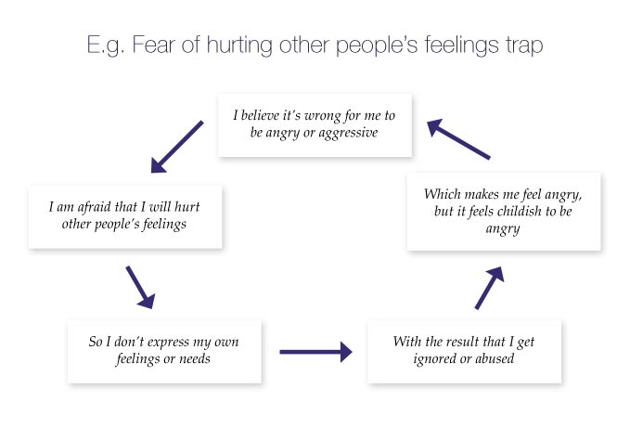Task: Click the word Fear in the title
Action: coord(153,45)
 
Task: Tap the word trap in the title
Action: coord(524,45)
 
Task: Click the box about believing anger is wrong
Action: coord(315,125)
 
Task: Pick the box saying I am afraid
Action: coord(125,217)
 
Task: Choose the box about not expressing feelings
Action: coord(164,351)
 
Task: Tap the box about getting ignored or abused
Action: coord(464,351)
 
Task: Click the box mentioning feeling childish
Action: coord(504,212)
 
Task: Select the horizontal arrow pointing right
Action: coord(315,352)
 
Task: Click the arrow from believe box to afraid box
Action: coord(177,147)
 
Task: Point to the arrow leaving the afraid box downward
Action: coord(141,287)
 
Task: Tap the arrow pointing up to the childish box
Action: coord(489,288)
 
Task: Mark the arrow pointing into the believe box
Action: coord(458,139)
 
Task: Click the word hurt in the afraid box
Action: coord(187,207)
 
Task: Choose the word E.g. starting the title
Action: coord(106,45)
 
